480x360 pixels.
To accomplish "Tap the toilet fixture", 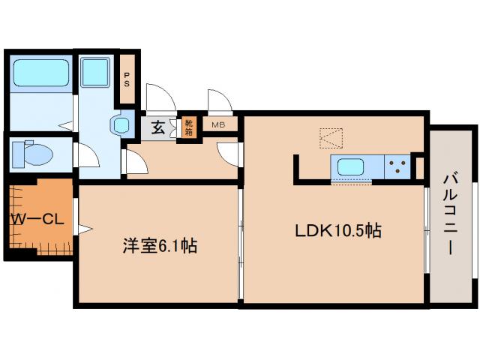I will pyautogui.click(x=34, y=154).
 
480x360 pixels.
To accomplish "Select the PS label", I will pyautogui.click(x=127, y=79).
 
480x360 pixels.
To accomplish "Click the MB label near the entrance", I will pyautogui.click(x=218, y=125).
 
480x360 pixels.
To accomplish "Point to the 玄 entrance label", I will pyautogui.click(x=158, y=127).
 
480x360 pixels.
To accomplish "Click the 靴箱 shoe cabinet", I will pyautogui.click(x=188, y=127).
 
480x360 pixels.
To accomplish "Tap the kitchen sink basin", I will pyautogui.click(x=352, y=167).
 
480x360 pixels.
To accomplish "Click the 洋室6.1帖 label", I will pyautogui.click(x=160, y=245).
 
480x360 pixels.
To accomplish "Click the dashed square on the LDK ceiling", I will pyautogui.click(x=331, y=137).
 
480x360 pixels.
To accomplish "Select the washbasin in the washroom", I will pyautogui.click(x=120, y=124).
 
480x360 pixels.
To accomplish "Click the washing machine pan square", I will pyautogui.click(x=95, y=73).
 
